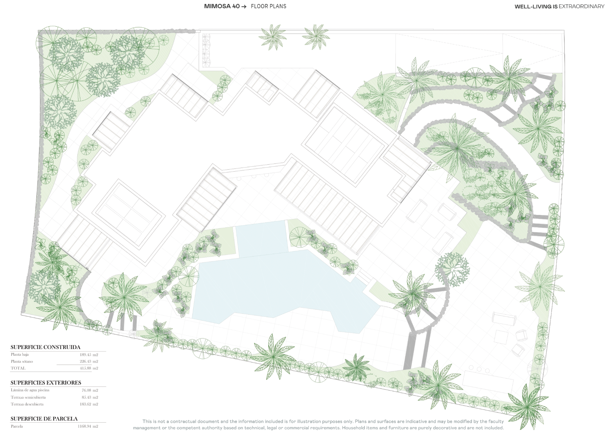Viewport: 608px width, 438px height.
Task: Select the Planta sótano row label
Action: tap(22, 361)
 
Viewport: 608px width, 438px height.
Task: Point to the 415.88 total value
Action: tap(86, 368)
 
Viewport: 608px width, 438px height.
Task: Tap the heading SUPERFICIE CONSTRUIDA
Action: tap(45, 347)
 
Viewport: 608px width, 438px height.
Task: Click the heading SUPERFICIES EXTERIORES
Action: tap(46, 383)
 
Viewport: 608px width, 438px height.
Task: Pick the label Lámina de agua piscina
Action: tap(30, 390)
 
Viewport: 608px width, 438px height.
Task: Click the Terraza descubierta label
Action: tap(27, 404)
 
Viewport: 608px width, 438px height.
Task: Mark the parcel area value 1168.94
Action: tap(85, 426)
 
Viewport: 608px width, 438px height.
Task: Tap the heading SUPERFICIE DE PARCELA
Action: tap(44, 419)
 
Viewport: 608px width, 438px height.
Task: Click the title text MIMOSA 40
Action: tap(222, 6)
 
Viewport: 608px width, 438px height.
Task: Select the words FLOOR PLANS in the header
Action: tap(269, 6)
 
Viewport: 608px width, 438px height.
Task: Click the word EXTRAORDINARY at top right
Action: tap(581, 7)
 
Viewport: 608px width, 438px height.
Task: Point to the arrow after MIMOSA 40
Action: tap(243, 7)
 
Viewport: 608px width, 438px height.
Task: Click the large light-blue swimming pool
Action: tap(282, 291)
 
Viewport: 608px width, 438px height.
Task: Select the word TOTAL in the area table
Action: tap(18, 368)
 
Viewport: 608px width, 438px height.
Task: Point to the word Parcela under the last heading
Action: tap(17, 426)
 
